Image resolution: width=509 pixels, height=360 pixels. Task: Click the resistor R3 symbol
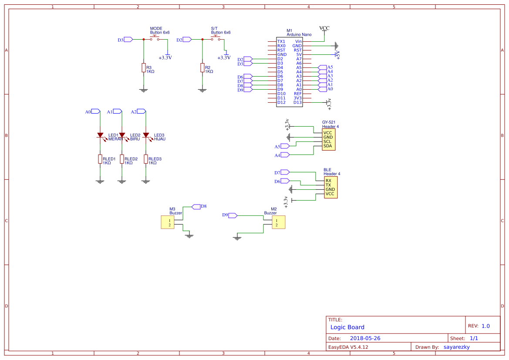tap(143, 68)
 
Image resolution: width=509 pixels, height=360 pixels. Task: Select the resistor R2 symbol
tap(202, 68)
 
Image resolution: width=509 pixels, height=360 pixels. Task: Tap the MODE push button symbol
tap(155, 39)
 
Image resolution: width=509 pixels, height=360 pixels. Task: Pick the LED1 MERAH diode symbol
tap(100, 135)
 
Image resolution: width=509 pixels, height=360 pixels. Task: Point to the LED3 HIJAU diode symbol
tap(146, 135)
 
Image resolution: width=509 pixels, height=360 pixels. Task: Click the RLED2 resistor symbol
tap(122, 159)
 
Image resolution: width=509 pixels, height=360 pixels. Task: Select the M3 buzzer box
tap(168, 223)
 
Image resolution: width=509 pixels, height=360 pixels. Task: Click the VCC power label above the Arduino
tap(324, 28)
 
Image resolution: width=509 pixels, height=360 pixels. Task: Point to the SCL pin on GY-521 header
tap(328, 141)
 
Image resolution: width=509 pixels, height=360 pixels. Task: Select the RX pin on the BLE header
tap(328, 180)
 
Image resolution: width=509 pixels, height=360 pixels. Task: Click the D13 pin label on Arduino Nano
tap(297, 102)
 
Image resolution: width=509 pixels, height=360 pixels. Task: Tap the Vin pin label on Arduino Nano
tap(298, 41)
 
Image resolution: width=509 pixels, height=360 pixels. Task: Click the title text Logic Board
tap(347, 327)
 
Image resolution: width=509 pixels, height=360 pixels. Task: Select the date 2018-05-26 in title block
tap(365, 338)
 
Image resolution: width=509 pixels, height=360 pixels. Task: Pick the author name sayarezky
tap(456, 347)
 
